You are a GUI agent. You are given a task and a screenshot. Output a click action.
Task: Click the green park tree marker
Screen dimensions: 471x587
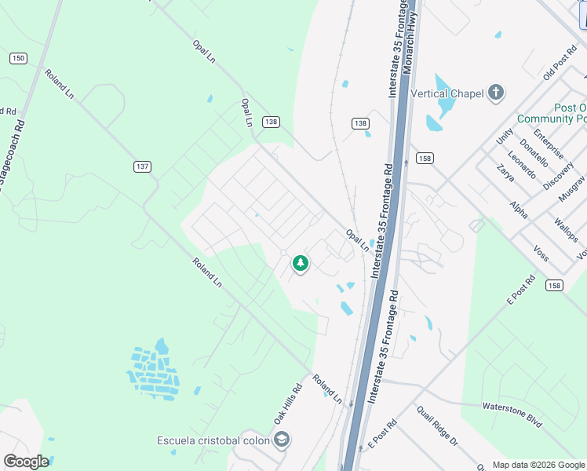[300, 264]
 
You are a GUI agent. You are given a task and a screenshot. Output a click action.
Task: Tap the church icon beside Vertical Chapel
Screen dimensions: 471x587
[495, 93]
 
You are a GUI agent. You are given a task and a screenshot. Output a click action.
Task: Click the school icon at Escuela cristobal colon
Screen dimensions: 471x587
[283, 440]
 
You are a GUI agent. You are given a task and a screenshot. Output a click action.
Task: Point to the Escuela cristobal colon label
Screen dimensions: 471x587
[213, 440]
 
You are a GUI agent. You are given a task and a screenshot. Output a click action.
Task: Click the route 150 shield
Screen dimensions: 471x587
[19, 59]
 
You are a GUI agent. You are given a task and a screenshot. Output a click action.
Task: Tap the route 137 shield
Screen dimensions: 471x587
[142, 167]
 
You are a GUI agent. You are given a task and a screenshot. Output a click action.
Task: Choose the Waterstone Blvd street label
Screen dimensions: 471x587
[512, 414]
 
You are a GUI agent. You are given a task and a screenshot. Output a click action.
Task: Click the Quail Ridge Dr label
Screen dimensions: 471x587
[436, 427]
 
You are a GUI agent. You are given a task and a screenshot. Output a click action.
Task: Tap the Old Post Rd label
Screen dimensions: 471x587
[560, 62]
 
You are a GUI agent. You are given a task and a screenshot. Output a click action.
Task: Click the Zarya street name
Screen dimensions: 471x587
[505, 173]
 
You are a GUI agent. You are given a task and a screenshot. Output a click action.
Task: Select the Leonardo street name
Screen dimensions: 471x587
[522, 164]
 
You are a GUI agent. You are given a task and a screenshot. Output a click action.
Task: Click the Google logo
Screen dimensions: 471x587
[26, 462]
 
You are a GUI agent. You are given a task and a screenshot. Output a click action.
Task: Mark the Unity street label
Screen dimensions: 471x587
[505, 136]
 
